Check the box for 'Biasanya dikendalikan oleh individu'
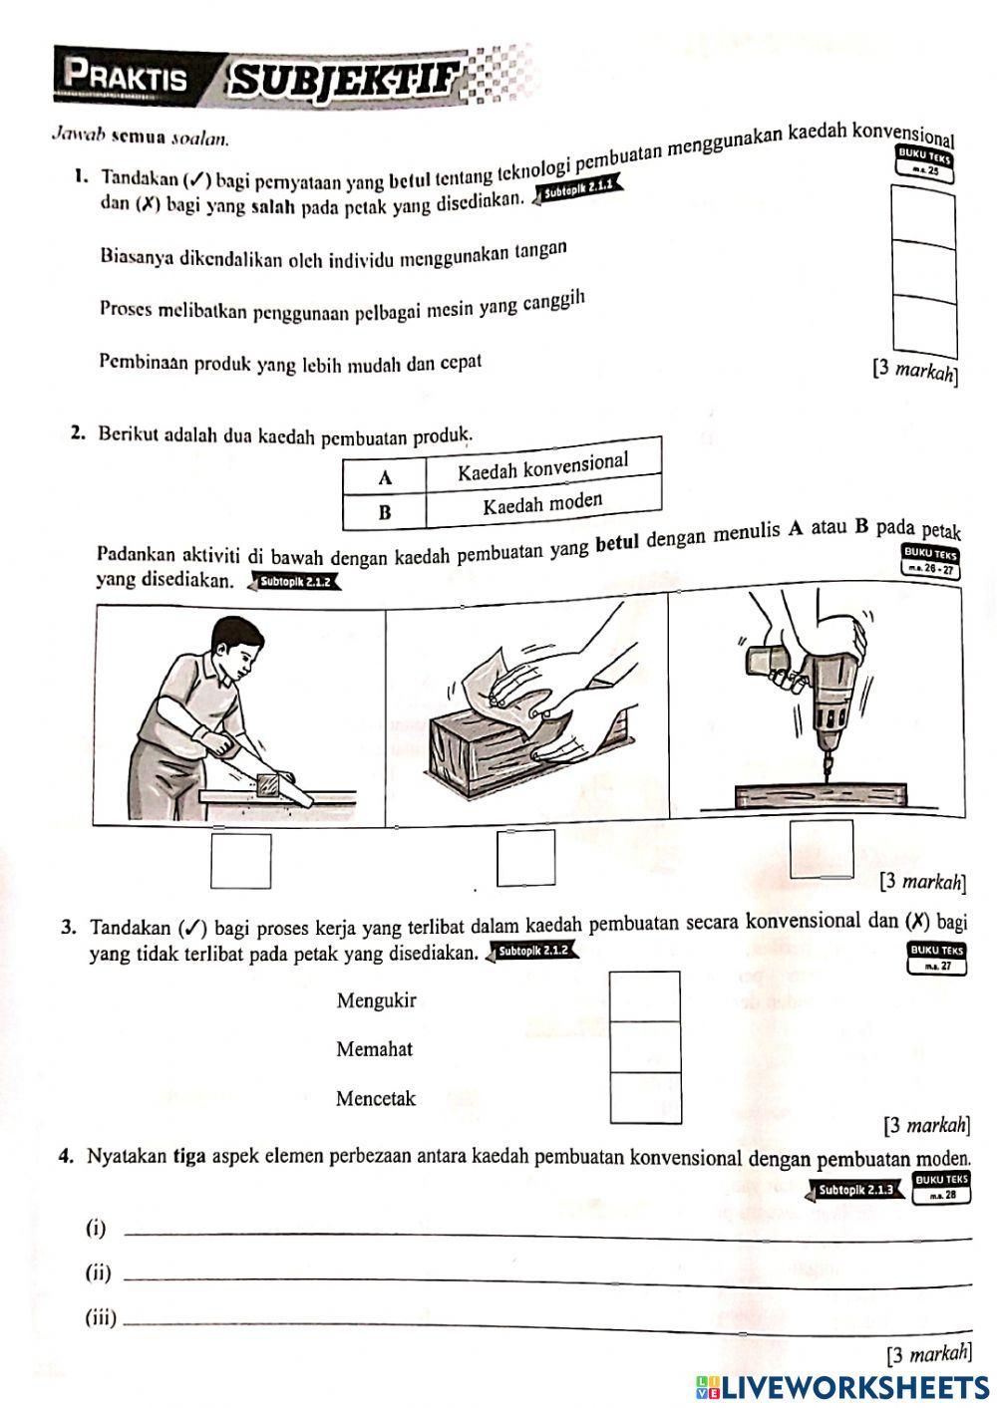pyautogui.click(x=923, y=217)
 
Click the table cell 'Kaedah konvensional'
pyautogui.click(x=543, y=465)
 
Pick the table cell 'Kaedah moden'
pyautogui.click(x=543, y=503)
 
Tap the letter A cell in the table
pyautogui.click(x=384, y=477)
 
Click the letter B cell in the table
pyautogui.click(x=384, y=512)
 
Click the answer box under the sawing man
pyautogui.click(x=240, y=860)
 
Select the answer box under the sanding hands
pyautogui.click(x=526, y=857)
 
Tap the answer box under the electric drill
pyautogui.click(x=822, y=849)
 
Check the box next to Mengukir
pyautogui.click(x=645, y=996)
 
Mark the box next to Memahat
pyautogui.click(x=645, y=1047)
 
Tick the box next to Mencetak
pyautogui.click(x=645, y=1098)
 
